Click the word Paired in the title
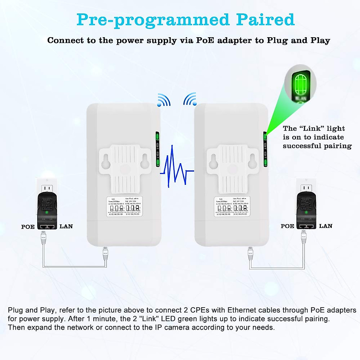265,20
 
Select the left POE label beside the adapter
28,227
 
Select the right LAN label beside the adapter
325,226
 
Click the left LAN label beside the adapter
66,226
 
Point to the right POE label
287,226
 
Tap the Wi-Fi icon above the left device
164,100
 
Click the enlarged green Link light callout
300,85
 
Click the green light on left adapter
46,212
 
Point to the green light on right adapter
306,212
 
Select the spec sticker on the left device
124,206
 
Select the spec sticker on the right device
232,206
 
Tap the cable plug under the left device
105,252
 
